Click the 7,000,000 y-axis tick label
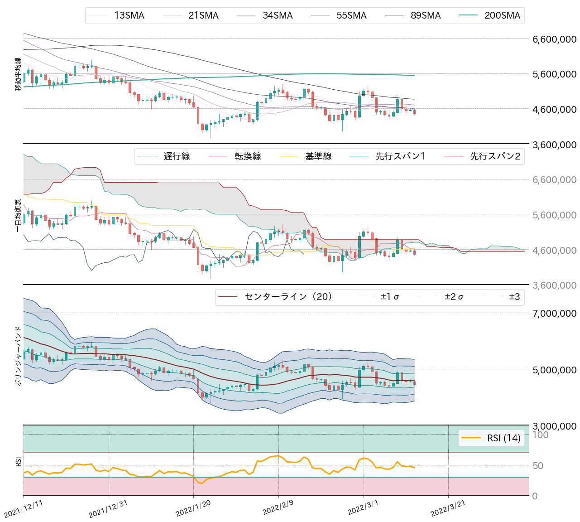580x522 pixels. (x=554, y=313)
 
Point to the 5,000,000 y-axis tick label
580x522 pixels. (x=554, y=370)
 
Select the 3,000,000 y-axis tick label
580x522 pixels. (x=554, y=426)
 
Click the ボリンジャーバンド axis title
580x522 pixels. (x=18, y=356)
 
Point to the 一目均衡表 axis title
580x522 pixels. (x=18, y=215)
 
